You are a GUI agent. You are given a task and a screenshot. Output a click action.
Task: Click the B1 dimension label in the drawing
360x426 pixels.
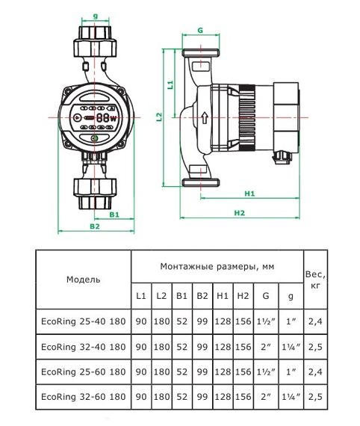pyautogui.click(x=113, y=214)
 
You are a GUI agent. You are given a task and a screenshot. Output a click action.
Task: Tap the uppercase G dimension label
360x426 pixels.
pyautogui.click(x=199, y=31)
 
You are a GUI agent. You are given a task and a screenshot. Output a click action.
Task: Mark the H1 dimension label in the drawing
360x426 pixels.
pyautogui.click(x=250, y=194)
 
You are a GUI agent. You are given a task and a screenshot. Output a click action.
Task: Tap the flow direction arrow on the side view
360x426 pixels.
pyautogui.click(x=204, y=118)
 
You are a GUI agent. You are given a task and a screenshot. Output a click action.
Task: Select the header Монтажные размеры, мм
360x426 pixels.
pyautogui.click(x=216, y=265)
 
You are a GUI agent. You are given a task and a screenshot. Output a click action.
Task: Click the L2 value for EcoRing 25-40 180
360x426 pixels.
pyautogui.click(x=161, y=321)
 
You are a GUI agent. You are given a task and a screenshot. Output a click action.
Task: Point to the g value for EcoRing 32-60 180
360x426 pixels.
pyautogui.click(x=291, y=395)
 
